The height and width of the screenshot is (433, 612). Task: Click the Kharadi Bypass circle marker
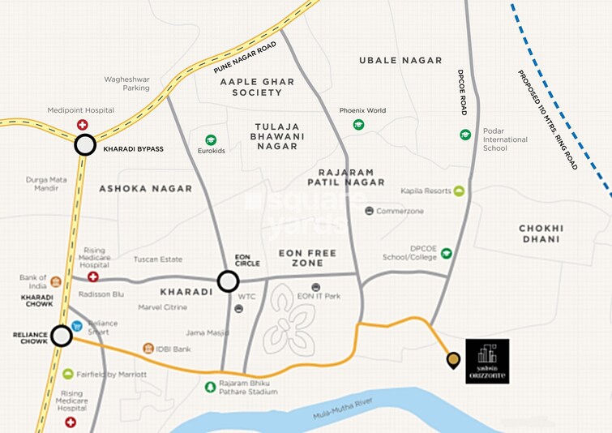point(85,146)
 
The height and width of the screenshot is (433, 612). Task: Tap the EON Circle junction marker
point(229,281)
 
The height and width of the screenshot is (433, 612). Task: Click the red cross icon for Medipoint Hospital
point(82,125)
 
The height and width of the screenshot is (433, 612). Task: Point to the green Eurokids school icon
point(211,140)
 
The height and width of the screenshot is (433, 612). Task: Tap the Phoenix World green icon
point(358,125)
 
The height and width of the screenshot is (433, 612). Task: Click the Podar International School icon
point(465,135)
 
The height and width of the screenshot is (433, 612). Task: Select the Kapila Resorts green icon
point(459,191)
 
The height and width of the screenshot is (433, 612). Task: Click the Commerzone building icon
point(370,211)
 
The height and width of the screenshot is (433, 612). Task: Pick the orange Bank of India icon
point(56,282)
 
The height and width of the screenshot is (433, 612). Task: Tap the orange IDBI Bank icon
point(148,348)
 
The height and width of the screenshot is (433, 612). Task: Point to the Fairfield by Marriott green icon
point(69,374)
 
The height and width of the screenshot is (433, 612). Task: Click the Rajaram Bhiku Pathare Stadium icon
point(210,386)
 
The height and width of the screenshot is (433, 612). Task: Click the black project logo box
point(487,361)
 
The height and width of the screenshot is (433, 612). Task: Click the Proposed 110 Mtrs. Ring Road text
point(548,119)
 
